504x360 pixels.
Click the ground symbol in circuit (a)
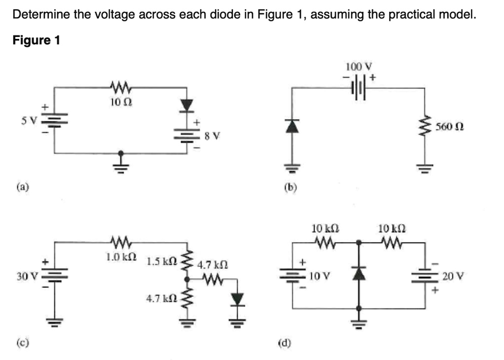coord(120,162)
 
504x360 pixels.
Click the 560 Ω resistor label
coord(446,127)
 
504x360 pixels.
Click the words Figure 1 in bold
coord(36,40)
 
